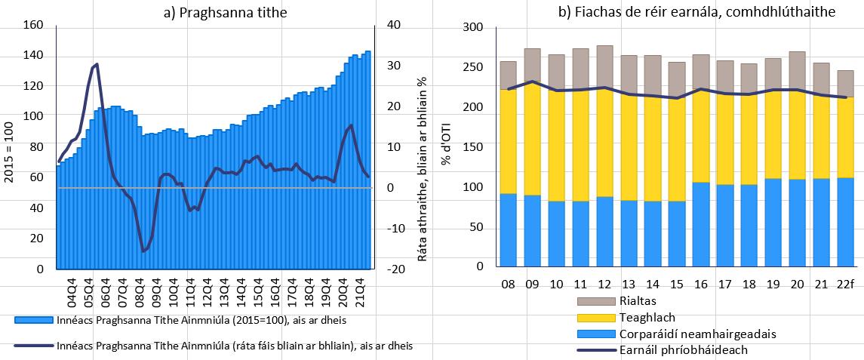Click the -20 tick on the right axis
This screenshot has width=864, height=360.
[x=395, y=269]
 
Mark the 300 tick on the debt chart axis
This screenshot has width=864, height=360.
[x=472, y=27]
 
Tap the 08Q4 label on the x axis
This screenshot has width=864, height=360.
[x=140, y=291]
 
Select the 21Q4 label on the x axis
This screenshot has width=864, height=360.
[x=361, y=291]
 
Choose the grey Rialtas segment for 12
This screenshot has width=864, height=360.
[x=604, y=66]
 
